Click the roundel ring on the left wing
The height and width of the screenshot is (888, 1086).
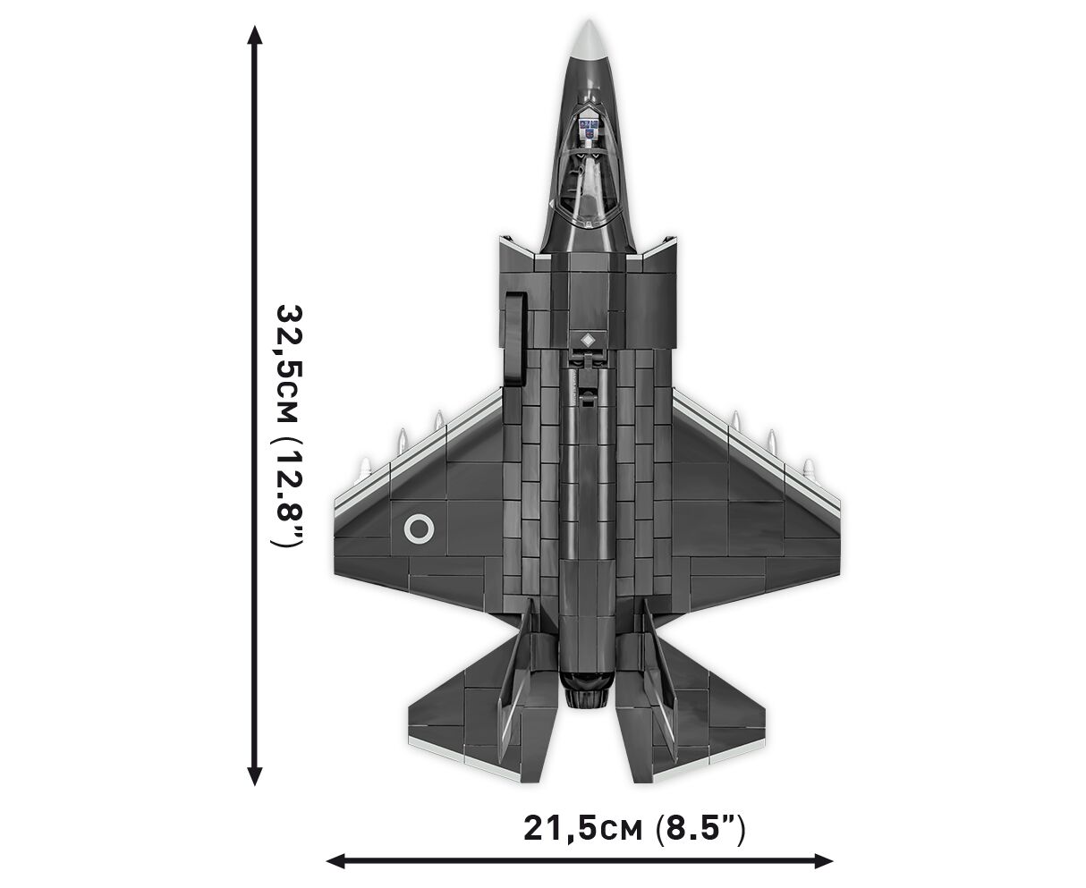point(419,529)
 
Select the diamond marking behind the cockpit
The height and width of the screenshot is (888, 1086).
point(588,340)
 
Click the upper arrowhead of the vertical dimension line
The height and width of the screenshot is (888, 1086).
point(254,36)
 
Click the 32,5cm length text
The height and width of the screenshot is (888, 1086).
point(290,365)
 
